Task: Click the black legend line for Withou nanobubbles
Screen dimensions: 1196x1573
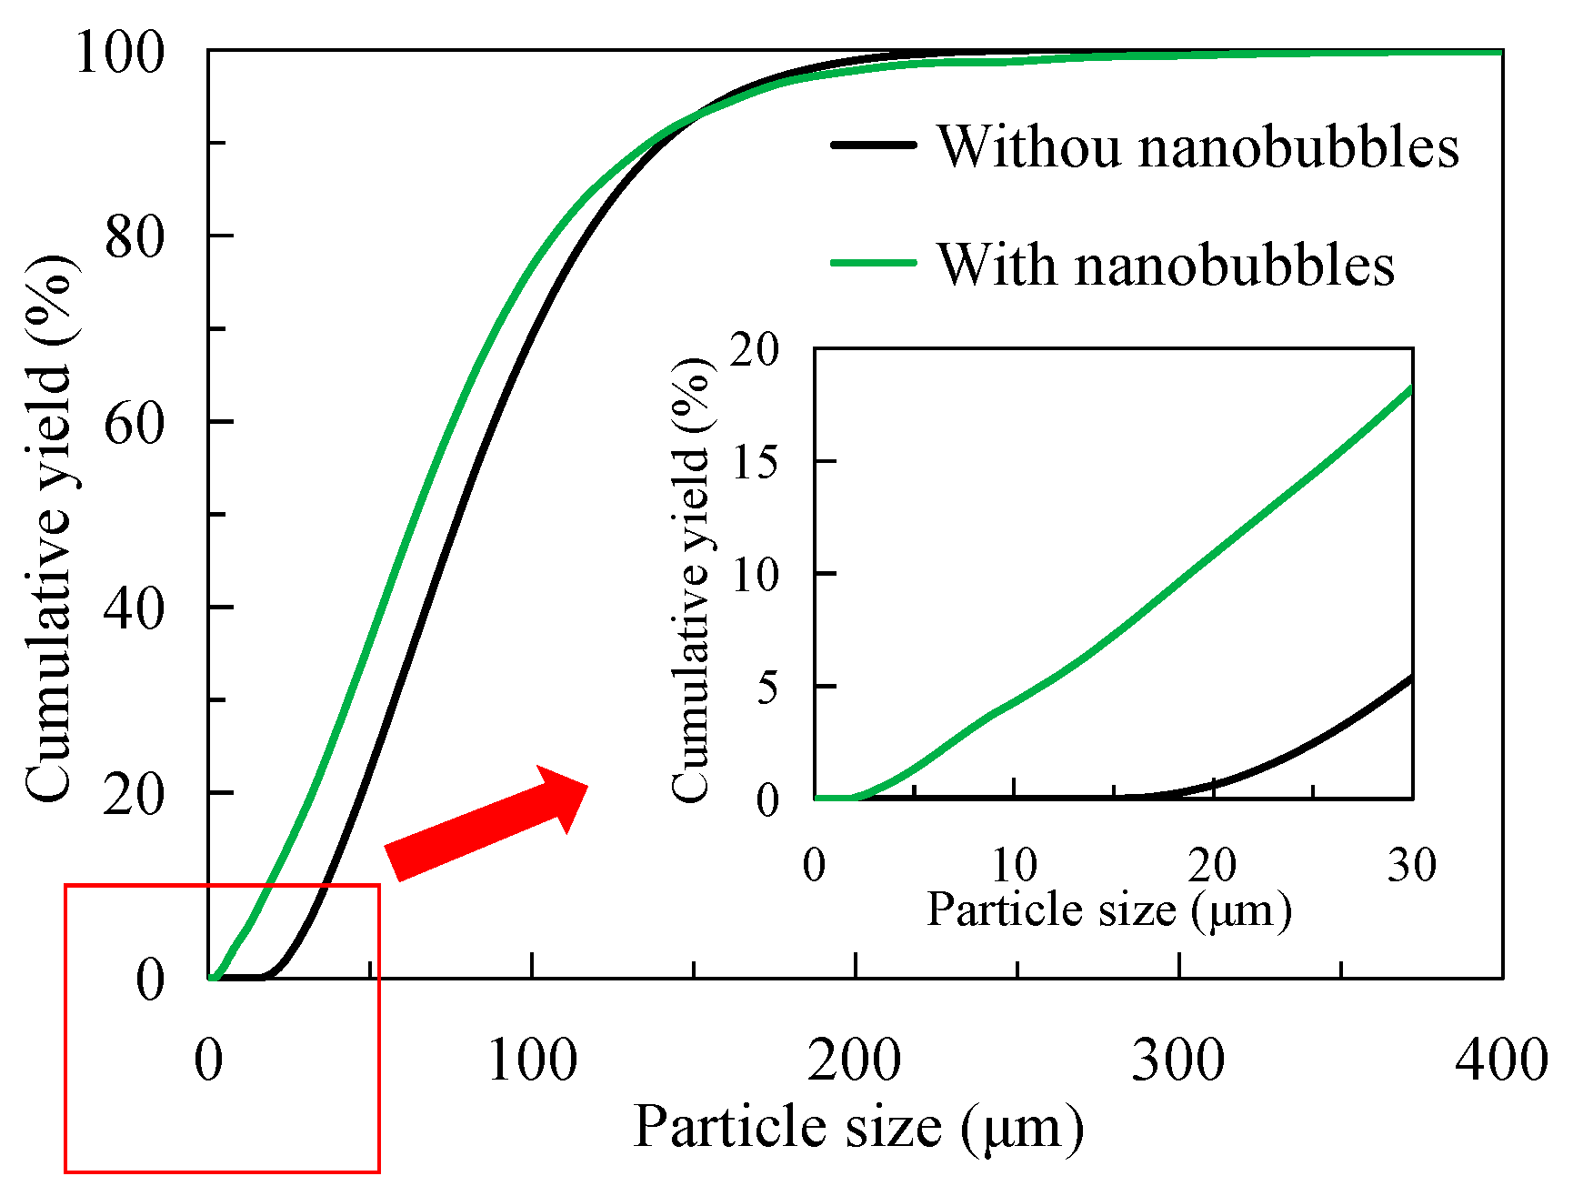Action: click(873, 146)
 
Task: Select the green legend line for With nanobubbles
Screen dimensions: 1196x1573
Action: click(873, 264)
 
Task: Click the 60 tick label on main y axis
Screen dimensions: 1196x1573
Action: click(135, 423)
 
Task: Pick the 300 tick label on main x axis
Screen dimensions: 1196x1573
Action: click(1178, 1060)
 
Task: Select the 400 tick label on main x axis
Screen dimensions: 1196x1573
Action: click(1501, 1060)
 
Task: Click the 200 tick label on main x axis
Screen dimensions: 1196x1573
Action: click(855, 1060)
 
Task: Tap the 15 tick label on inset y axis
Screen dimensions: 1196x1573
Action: click(756, 462)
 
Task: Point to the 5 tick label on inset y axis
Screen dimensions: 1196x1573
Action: click(768, 687)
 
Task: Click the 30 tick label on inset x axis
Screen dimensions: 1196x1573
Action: click(1411, 864)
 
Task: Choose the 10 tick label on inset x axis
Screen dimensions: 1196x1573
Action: click(1013, 864)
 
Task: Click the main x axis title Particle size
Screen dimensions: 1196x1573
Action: click(858, 1128)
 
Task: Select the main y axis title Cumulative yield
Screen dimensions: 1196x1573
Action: click(50, 528)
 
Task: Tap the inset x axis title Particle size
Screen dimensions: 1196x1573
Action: click(1109, 910)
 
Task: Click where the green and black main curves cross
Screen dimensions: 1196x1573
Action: click(696, 116)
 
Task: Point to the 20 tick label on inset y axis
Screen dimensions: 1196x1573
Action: click(756, 349)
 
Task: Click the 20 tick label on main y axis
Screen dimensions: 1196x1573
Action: click(135, 794)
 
